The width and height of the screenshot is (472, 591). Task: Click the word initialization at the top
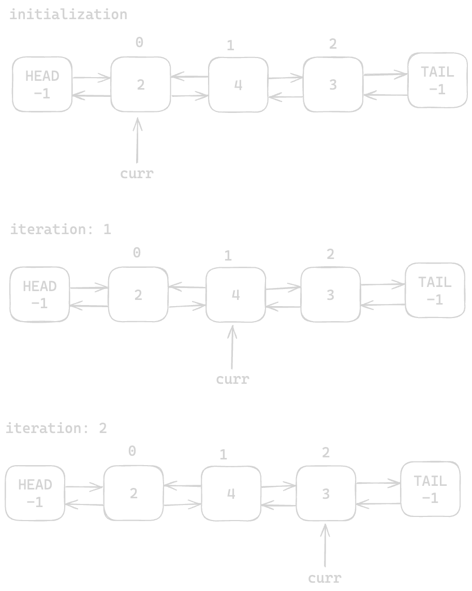(68, 15)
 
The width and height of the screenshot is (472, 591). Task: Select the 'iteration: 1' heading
(61, 229)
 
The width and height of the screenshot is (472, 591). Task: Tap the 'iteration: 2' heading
(56, 428)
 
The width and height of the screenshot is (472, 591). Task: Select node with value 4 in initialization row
(238, 85)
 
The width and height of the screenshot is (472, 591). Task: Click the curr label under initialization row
(137, 174)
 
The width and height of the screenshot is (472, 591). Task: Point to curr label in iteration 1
(232, 379)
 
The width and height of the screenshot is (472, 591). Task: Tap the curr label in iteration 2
(325, 578)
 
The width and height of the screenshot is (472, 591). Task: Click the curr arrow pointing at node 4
(232, 347)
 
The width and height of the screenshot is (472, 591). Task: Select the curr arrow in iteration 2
(325, 546)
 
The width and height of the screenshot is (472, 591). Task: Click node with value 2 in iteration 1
(138, 295)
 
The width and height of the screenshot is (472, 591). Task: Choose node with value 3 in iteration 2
(326, 494)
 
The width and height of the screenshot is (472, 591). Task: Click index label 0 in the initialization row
(139, 43)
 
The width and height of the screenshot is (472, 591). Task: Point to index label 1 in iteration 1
(228, 255)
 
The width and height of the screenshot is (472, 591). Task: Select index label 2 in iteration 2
(326, 453)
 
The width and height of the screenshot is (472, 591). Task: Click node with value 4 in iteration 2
(231, 494)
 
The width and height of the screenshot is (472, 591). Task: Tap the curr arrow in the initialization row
(137, 141)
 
